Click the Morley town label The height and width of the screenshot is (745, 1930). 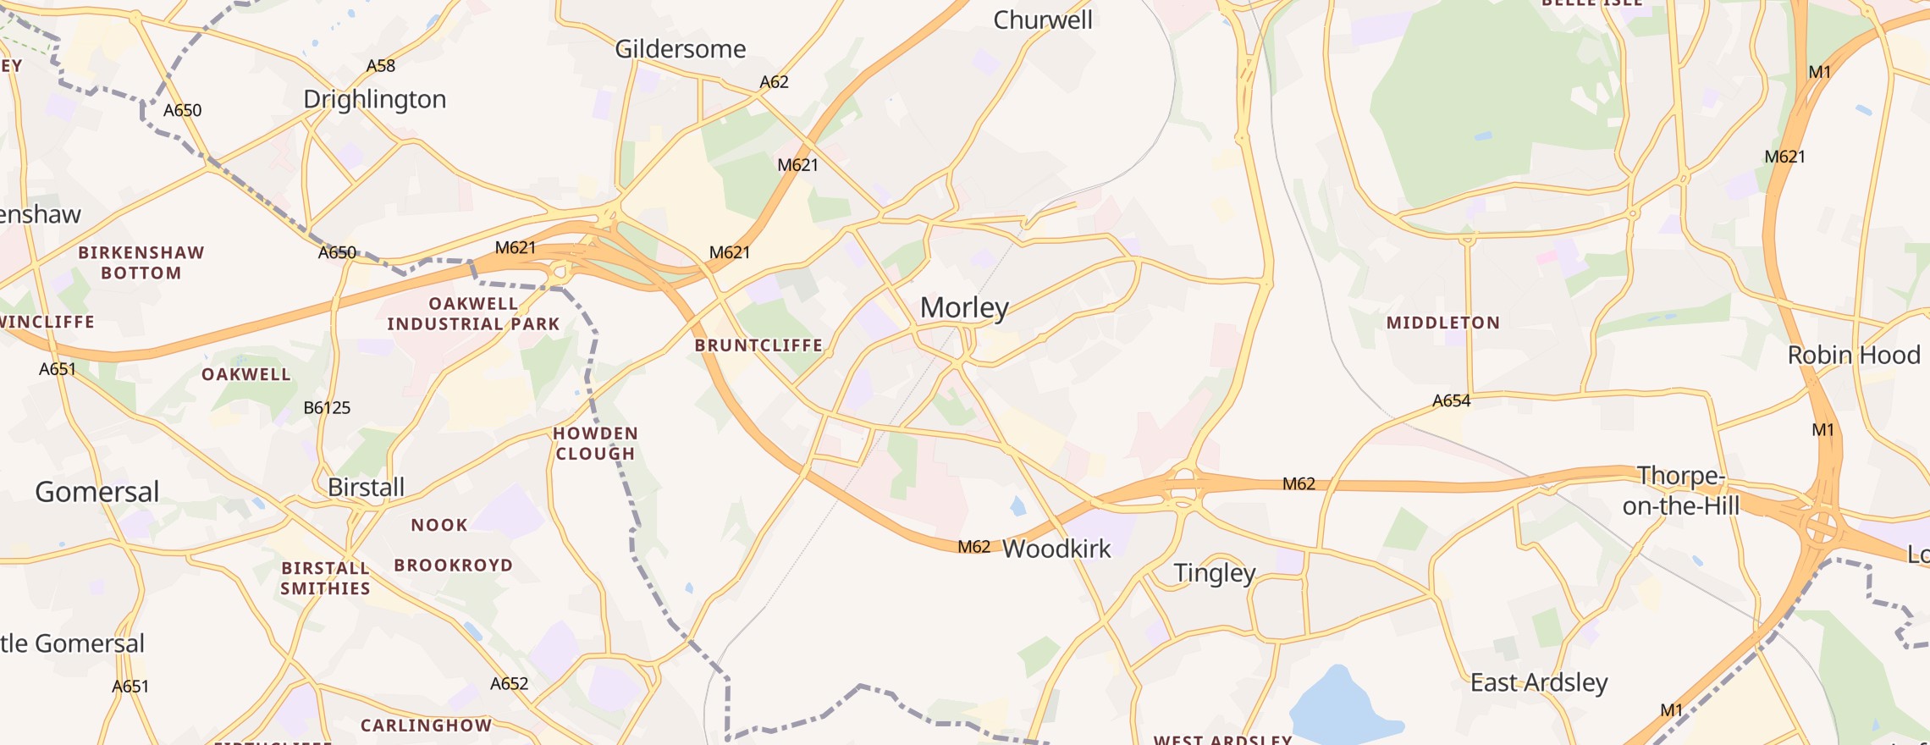[x=964, y=308]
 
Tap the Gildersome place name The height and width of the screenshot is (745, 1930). [x=680, y=49]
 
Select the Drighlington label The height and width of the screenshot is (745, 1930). [x=374, y=100]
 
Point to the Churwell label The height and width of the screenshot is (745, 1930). [x=1042, y=20]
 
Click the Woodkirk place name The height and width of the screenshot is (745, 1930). [x=1056, y=549]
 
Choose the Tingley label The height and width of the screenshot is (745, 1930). [x=1214, y=574]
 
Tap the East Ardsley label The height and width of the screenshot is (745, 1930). [x=1538, y=683]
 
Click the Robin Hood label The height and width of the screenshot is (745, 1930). [x=1853, y=356]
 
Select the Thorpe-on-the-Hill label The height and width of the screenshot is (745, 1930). [x=1680, y=491]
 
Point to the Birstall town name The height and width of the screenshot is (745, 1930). [x=366, y=488]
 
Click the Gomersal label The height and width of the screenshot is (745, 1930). [x=97, y=492]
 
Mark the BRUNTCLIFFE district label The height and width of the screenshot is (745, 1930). [x=758, y=345]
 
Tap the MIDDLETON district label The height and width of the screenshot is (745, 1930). [x=1442, y=323]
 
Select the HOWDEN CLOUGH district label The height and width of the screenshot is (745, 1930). [x=595, y=444]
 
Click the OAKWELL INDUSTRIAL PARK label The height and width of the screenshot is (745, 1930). [x=473, y=314]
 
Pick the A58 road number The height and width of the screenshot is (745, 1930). [x=380, y=66]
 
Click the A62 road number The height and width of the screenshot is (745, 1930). [x=774, y=82]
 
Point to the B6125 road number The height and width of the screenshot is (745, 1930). [x=327, y=408]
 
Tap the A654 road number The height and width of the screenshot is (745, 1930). [x=1451, y=401]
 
